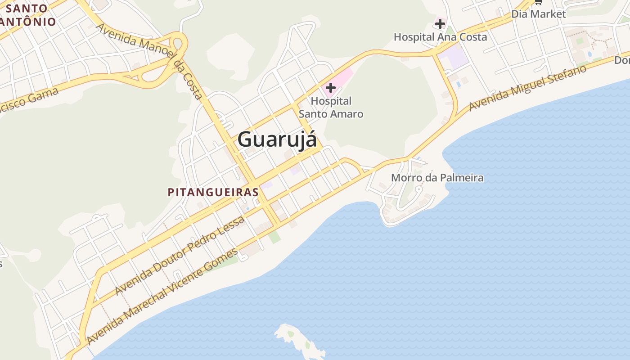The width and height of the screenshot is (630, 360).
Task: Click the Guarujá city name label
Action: click(277, 139)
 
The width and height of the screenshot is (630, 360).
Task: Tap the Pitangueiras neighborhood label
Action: click(213, 192)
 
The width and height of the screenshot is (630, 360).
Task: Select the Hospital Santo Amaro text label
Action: click(331, 108)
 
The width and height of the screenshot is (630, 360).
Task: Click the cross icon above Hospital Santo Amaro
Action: click(331, 88)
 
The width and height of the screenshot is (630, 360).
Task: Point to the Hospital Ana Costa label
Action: click(440, 37)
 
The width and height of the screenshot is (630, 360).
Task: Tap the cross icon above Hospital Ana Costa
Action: click(440, 23)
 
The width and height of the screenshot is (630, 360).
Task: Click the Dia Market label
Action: click(538, 14)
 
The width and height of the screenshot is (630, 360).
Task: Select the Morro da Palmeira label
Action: click(437, 178)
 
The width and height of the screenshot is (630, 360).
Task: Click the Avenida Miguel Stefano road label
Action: click(528, 88)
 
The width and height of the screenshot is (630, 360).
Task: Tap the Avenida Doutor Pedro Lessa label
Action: click(180, 255)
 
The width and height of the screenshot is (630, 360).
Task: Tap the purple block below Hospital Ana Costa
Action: click(454, 58)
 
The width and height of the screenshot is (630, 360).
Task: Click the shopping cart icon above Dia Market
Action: click(538, 2)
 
